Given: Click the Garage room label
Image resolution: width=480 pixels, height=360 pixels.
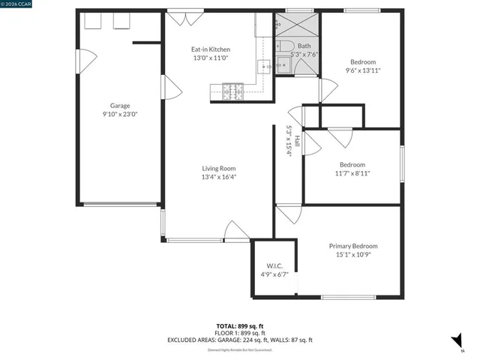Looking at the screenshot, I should [x=120, y=106].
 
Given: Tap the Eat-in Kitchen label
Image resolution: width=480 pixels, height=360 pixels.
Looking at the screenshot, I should [x=205, y=49].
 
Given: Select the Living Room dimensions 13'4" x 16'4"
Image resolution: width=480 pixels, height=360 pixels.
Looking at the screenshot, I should [x=218, y=178].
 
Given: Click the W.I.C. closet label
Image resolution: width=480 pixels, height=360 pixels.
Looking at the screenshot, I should [x=274, y=266].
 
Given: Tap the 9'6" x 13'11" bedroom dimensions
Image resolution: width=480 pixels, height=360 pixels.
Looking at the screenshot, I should [x=363, y=70].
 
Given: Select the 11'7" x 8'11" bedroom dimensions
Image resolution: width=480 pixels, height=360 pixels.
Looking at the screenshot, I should [x=352, y=173].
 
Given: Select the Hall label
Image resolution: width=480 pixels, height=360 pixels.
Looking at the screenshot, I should [x=298, y=140].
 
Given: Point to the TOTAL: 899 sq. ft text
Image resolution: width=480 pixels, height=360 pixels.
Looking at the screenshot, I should [x=239, y=325].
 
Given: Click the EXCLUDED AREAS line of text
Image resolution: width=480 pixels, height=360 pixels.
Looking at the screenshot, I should [x=239, y=340].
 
